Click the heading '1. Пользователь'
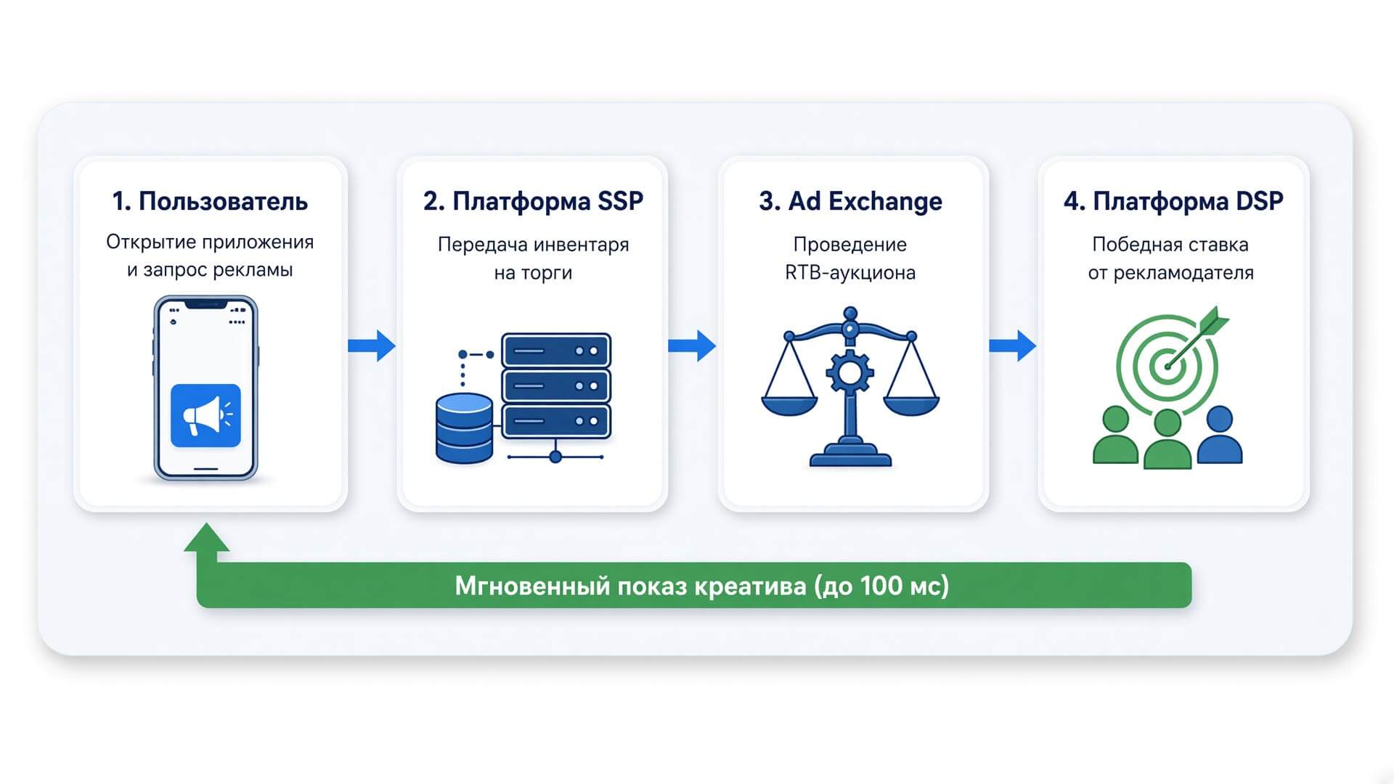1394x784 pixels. point(210,201)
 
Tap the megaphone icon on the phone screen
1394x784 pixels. point(205,415)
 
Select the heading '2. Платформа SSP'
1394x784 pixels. point(533,201)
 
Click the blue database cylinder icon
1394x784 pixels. point(464,428)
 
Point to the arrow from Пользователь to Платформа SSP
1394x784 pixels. point(372,346)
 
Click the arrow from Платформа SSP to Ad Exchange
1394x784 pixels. point(692,346)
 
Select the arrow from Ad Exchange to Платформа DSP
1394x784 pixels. point(1013,346)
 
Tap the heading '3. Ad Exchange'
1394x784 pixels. point(850,201)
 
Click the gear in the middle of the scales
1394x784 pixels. point(850,373)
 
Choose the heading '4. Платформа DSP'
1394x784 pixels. point(1173,201)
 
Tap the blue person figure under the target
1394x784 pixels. point(1220,435)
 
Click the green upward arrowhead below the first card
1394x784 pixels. point(207,538)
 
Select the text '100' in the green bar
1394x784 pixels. point(882,585)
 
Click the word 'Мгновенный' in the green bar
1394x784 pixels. point(532,585)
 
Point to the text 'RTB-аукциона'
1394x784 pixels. point(850,273)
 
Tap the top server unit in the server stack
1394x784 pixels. point(556,351)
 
